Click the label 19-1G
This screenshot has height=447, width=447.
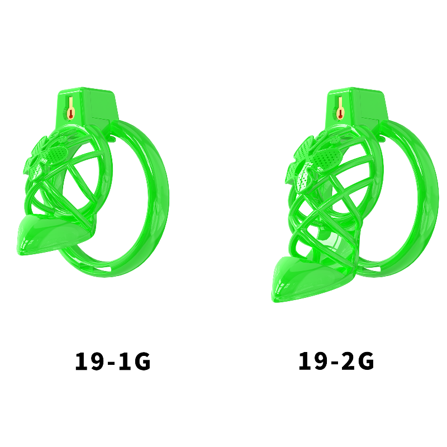coord(113,361)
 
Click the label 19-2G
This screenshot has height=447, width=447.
coord(336,361)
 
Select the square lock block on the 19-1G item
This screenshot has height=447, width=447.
coord(87,107)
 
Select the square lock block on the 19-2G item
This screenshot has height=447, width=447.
coord(356,107)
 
